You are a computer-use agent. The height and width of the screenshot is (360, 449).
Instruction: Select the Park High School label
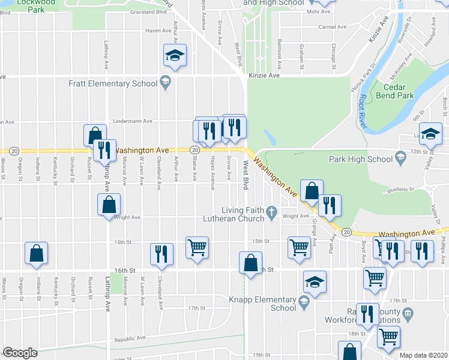361,159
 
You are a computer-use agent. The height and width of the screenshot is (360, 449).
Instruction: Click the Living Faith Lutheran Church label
243,214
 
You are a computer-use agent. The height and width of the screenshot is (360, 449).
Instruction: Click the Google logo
20,353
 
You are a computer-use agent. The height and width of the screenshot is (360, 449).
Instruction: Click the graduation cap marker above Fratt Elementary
175,56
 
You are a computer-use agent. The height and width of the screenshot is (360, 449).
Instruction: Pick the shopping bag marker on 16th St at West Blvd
250,263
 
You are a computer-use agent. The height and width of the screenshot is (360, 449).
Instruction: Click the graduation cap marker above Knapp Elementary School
314,282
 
